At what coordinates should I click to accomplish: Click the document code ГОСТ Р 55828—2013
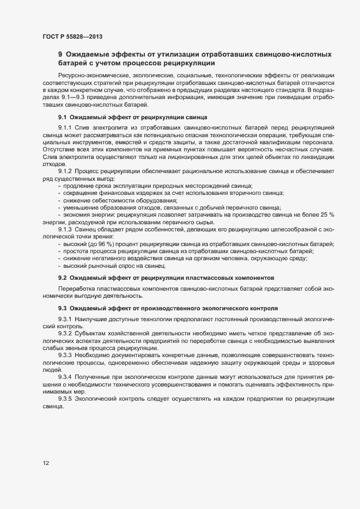(72, 36)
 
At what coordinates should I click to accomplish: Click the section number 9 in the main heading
(60, 54)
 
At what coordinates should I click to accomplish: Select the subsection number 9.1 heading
(62, 117)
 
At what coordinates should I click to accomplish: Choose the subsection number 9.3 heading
(62, 308)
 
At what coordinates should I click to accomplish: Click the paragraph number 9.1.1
(65, 127)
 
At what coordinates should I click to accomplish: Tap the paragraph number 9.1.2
(65, 171)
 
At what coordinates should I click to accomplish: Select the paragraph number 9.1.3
(65, 229)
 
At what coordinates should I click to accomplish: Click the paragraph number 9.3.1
(65, 318)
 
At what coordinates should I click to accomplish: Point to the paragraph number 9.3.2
(65, 333)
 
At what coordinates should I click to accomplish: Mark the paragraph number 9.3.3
(65, 354)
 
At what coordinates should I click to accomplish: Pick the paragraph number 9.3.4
(65, 376)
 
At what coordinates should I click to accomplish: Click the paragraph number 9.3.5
(65, 398)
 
